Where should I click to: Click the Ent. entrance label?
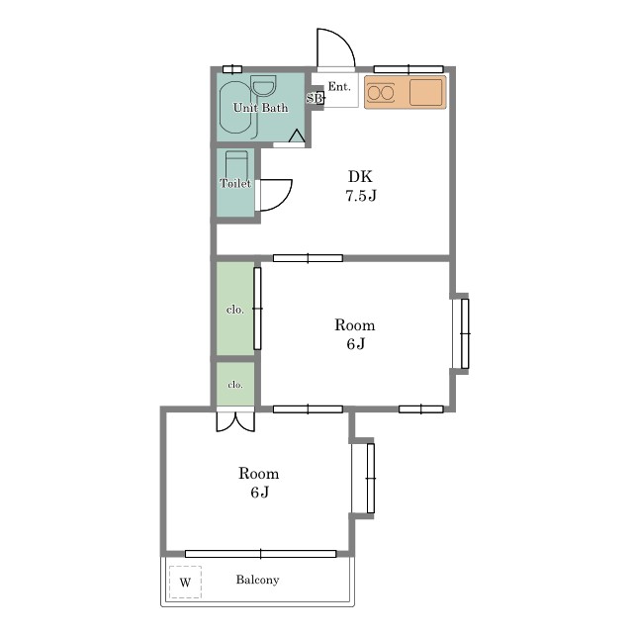click(x=338, y=86)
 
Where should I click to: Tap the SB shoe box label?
click(x=316, y=98)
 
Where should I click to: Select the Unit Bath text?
click(x=261, y=108)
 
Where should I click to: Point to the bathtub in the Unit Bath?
click(x=235, y=108)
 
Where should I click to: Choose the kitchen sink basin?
click(x=425, y=92)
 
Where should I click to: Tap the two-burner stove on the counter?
click(x=381, y=93)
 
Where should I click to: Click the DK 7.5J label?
click(x=361, y=186)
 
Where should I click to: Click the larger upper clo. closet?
click(x=235, y=309)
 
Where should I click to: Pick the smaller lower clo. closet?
click(x=235, y=384)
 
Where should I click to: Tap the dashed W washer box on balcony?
click(x=185, y=583)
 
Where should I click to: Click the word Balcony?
click(x=257, y=580)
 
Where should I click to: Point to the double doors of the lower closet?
click(x=235, y=421)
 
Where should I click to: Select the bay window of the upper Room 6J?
click(x=461, y=334)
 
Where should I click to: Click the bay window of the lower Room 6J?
click(x=363, y=479)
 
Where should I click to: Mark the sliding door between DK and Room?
click(x=308, y=258)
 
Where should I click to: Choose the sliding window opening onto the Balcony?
click(x=261, y=554)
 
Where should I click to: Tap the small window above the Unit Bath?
click(x=232, y=69)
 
